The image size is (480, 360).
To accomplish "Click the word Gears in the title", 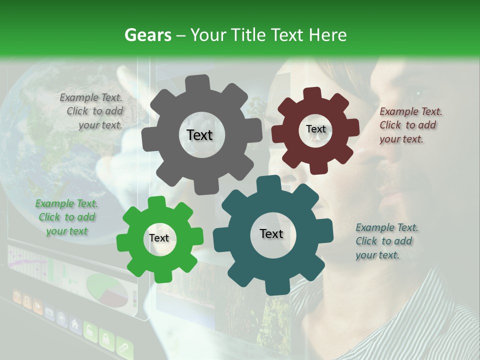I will [x=147, y=34].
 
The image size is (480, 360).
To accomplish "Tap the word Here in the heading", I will [x=328, y=34].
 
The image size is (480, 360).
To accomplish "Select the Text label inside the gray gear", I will [x=199, y=135].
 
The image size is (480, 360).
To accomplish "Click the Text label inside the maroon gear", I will [x=315, y=129].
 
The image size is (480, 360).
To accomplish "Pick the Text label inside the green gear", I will [x=159, y=238].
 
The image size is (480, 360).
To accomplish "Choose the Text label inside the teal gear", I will [x=271, y=234].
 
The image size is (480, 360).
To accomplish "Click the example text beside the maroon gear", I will [x=410, y=125].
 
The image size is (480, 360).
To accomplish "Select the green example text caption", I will [x=66, y=217].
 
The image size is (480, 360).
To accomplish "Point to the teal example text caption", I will [x=386, y=241].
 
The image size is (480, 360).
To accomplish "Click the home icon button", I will [x=75, y=325].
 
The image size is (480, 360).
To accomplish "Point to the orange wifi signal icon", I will [x=16, y=298].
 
